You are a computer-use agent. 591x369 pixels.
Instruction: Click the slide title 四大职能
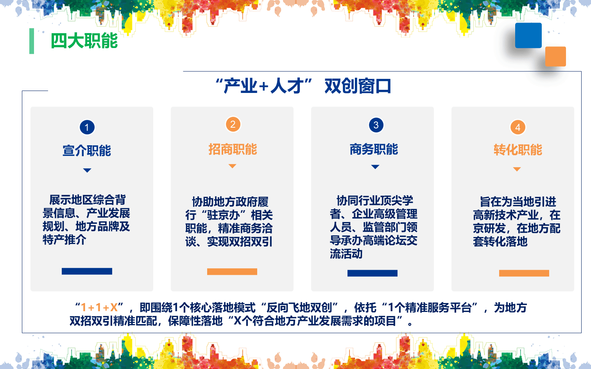84,41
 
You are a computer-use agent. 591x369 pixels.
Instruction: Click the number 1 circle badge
87,127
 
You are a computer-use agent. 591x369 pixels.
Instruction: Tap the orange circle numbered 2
233,125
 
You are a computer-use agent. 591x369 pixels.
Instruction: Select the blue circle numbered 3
376,125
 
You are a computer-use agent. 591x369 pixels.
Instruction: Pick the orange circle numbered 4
518,127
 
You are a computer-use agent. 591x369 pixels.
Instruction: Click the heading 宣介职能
87,150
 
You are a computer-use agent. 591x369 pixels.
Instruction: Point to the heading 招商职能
233,149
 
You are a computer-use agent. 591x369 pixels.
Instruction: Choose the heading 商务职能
374,149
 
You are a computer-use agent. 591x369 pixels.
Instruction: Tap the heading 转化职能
518,150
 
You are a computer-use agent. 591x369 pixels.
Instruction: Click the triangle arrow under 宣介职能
87,170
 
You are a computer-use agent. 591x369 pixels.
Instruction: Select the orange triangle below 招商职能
233,166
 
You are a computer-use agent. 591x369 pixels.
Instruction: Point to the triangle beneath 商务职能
375,167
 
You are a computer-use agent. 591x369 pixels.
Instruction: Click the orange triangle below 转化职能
517,169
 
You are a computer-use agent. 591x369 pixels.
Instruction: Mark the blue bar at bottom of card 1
87,271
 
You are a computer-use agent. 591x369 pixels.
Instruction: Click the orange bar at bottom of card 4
524,273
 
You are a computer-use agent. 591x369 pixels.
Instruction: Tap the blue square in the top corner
528,36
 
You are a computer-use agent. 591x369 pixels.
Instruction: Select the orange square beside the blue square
555,57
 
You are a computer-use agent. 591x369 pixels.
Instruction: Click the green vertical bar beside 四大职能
32,41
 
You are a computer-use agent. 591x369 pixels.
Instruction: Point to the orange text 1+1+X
99,308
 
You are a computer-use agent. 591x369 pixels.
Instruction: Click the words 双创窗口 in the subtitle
358,86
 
